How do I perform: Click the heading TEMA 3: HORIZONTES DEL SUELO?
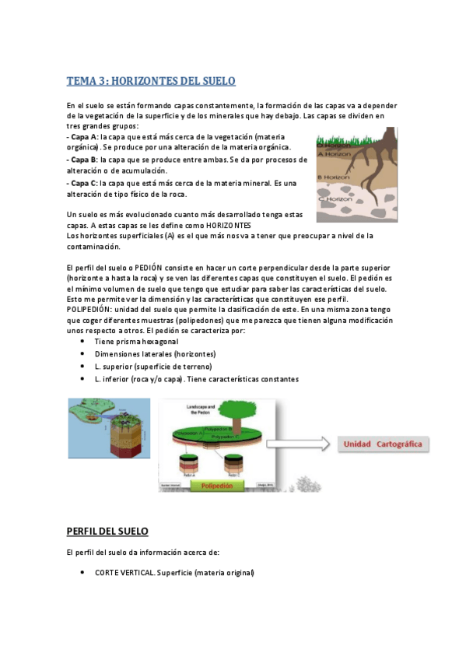pyautogui.click(x=151, y=81)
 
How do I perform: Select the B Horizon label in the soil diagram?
pyautogui.click(x=335, y=177)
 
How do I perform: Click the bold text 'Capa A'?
pyautogui.click(x=84, y=137)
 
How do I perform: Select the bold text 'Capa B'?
pyautogui.click(x=84, y=160)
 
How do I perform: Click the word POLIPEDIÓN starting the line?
pyautogui.click(x=91, y=311)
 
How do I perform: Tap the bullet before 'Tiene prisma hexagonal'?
pyautogui.click(x=83, y=342)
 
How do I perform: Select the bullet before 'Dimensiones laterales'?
pyautogui.click(x=83, y=354)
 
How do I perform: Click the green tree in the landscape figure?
pyautogui.click(x=233, y=412)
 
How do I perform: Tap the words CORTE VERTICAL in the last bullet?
pyautogui.click(x=124, y=573)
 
